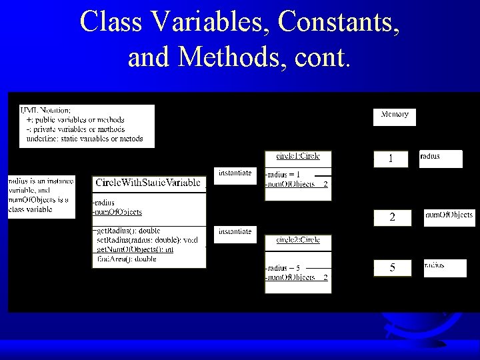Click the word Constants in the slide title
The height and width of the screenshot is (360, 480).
pyautogui.click(x=340, y=21)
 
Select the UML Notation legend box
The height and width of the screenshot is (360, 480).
pyautogui.click(x=87, y=125)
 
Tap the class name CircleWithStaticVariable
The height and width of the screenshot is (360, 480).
pyautogui.click(x=147, y=182)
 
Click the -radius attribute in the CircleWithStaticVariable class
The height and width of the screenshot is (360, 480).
pyautogui.click(x=104, y=203)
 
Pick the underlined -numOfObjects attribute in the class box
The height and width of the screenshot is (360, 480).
pyautogui.click(x=117, y=212)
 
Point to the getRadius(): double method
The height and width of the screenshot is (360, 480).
pyautogui.click(x=128, y=231)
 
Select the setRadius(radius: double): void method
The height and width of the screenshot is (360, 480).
pyautogui.click(x=147, y=240)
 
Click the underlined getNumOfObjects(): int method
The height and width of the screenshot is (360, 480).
pyautogui.click(x=135, y=249)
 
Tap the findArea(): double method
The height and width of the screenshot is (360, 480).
pyautogui.click(x=127, y=259)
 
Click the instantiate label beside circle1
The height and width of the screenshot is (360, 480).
pyautogui.click(x=235, y=173)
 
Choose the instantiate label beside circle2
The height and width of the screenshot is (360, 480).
pyautogui.click(x=235, y=232)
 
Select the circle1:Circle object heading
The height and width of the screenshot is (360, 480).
pyautogui.click(x=298, y=156)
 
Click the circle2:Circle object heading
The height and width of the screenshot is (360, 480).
pyautogui.click(x=298, y=240)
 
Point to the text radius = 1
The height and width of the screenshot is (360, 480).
pyautogui.click(x=283, y=175)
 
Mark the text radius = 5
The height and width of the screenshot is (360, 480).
pyautogui.click(x=283, y=268)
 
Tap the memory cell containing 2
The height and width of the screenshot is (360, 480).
pyautogui.click(x=392, y=217)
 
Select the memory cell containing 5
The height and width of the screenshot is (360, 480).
pyautogui.click(x=392, y=267)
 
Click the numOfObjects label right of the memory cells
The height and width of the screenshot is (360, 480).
pyautogui.click(x=449, y=215)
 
